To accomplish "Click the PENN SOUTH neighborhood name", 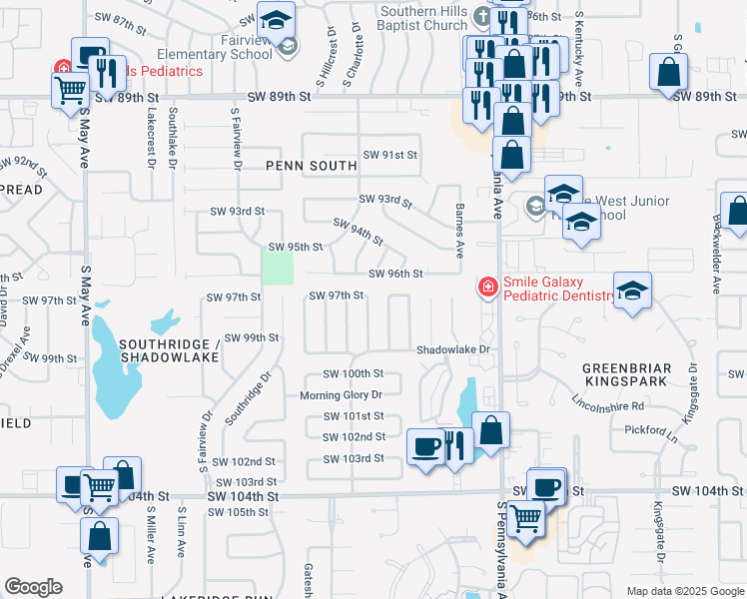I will click(x=312, y=166).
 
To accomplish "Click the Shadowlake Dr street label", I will click(x=454, y=349).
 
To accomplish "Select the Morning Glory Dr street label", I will click(x=342, y=395).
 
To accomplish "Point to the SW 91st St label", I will click(x=389, y=155).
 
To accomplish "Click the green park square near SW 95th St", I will click(x=278, y=268).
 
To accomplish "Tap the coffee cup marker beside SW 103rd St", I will click(x=425, y=444).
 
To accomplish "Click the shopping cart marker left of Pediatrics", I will click(x=71, y=90).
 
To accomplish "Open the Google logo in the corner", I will click(x=33, y=587).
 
